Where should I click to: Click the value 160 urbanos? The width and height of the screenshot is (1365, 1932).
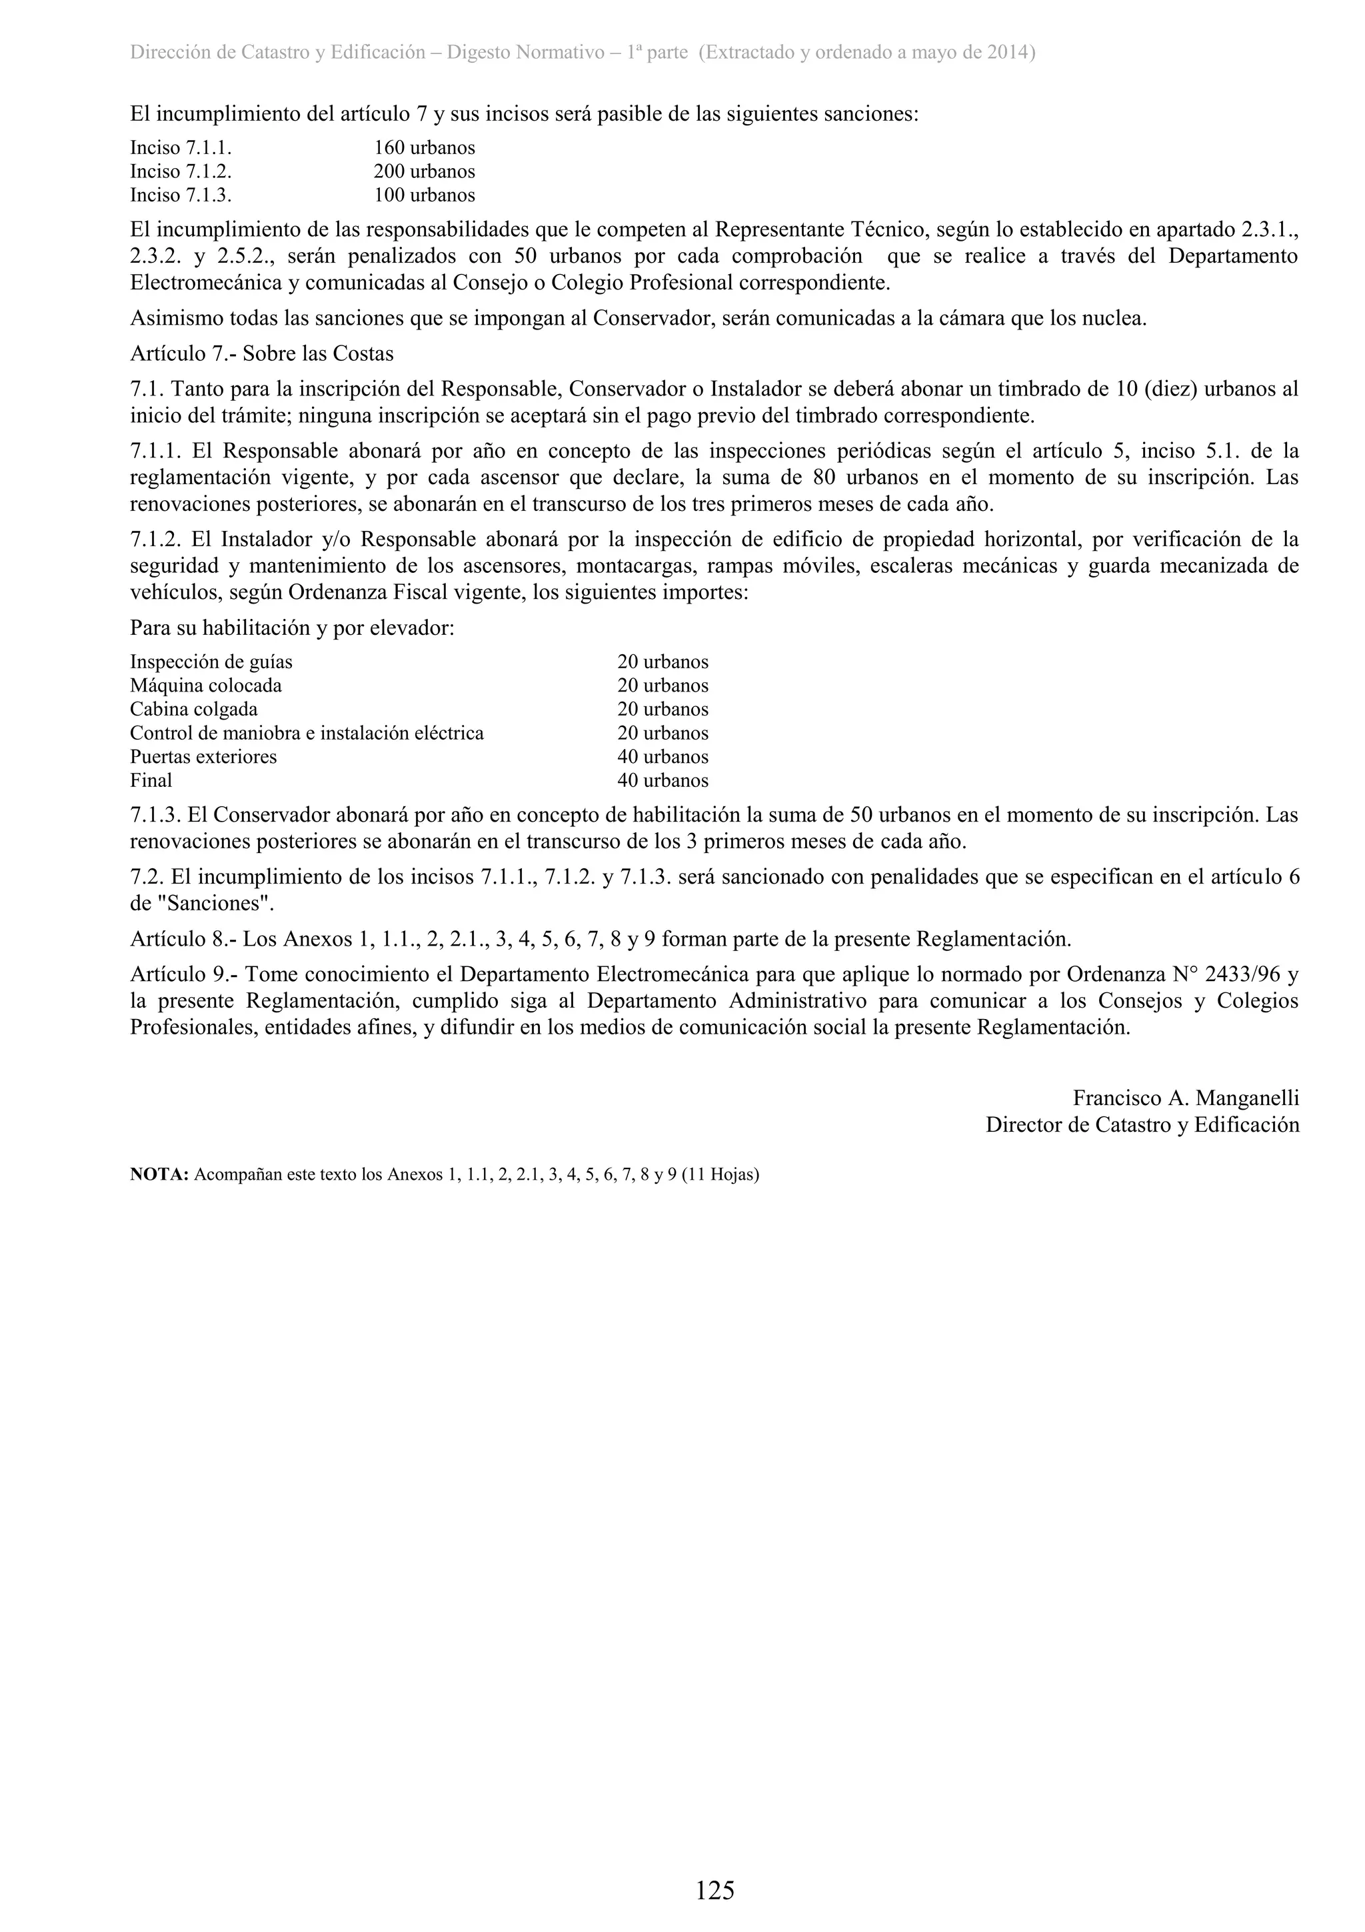click(424, 148)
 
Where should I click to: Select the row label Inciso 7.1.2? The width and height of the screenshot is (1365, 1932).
click(181, 171)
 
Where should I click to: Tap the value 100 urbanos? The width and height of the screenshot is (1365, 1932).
click(424, 195)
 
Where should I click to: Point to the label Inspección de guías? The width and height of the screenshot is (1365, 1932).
click(211, 662)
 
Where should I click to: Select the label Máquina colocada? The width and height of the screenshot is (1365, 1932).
click(206, 686)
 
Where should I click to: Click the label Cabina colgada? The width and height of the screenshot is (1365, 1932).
click(193, 710)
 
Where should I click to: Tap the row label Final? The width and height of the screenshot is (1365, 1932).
click(151, 780)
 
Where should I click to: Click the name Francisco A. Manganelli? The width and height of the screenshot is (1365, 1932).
click(1186, 1098)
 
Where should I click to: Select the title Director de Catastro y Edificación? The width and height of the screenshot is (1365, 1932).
click(1142, 1125)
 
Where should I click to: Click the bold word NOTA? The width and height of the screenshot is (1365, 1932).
click(160, 1174)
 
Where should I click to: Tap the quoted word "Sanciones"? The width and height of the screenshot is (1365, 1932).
click(217, 904)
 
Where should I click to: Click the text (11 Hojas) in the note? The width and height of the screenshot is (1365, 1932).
click(720, 1174)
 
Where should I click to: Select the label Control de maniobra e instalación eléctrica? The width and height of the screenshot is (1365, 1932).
click(307, 733)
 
